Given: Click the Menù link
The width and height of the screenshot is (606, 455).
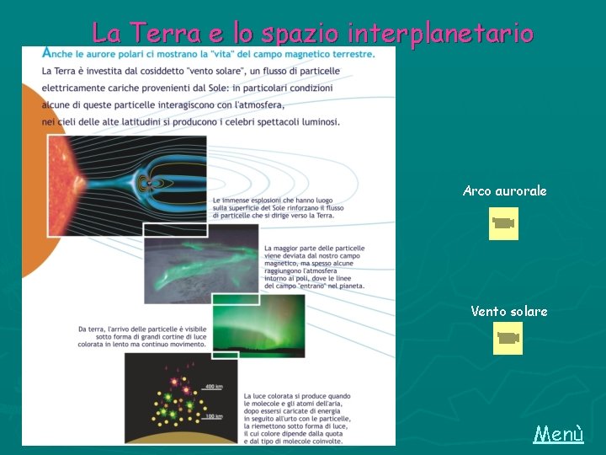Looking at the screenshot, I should [559, 435].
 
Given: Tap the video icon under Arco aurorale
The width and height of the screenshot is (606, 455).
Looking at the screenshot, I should [504, 223].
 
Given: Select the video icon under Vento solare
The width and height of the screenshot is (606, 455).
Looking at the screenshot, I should [507, 338].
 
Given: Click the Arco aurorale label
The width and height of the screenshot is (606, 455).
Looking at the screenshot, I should [504, 191].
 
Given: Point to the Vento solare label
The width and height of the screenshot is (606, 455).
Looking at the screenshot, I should [508, 312].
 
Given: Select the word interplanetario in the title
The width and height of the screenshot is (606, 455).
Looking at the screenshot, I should [440, 34].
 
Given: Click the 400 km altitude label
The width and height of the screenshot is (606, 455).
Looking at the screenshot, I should [213, 387].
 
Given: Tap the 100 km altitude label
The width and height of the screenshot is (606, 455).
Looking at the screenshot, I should [213, 416].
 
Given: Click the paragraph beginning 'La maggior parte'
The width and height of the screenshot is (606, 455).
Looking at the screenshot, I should [315, 268].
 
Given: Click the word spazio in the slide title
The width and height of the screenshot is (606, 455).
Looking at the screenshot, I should [300, 34].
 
